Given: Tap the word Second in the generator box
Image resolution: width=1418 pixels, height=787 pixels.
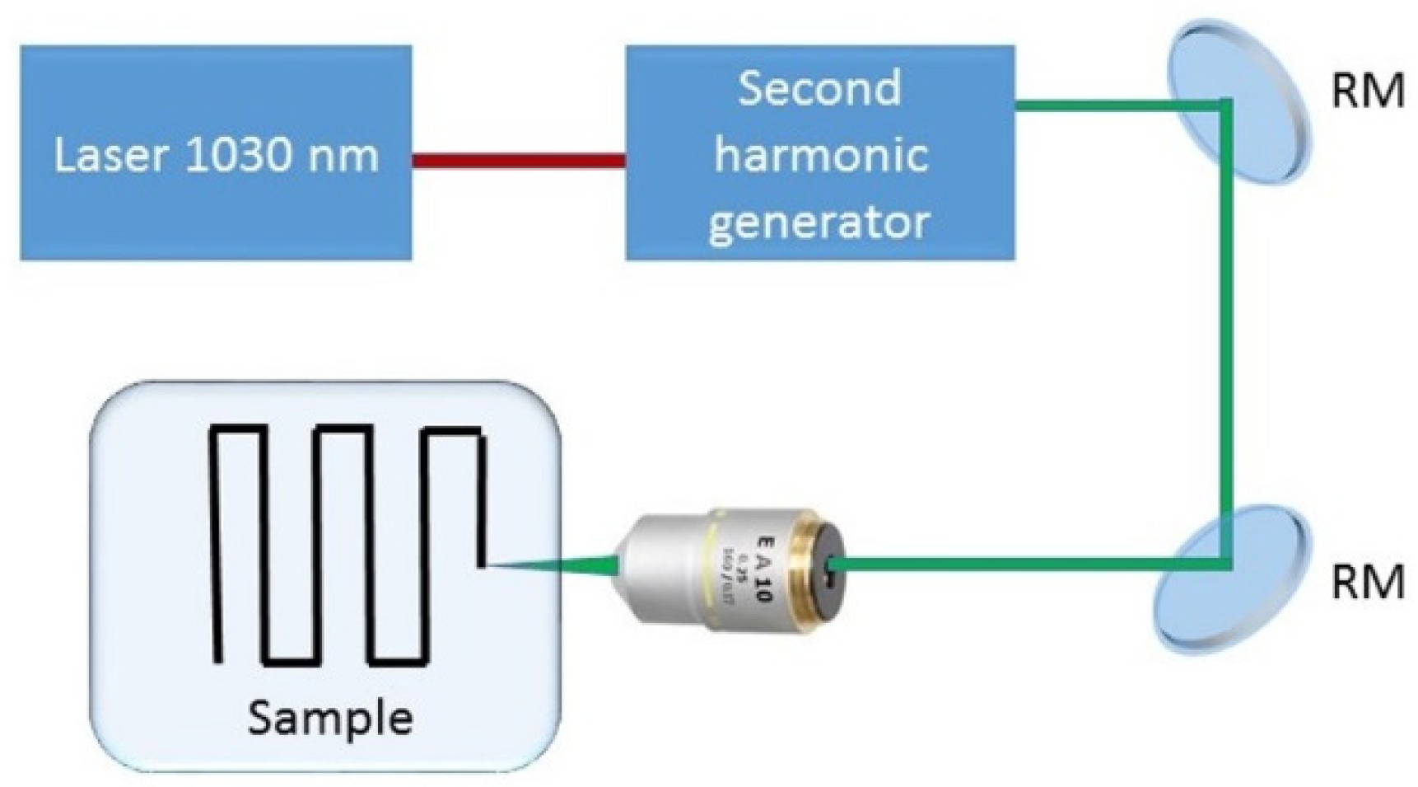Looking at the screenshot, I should point(819,88).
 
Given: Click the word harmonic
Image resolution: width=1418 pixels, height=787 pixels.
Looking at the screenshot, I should point(820,154).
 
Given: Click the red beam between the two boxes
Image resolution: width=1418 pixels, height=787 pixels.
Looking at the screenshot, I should point(518,160).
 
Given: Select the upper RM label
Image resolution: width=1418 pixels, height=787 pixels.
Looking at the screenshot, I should point(1368,91).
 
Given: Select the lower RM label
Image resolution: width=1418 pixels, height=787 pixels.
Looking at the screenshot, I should point(1368,583).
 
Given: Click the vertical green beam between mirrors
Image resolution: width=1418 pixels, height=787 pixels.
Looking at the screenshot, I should point(1226,330).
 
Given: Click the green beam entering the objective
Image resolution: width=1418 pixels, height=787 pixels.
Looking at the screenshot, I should point(1029,564).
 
